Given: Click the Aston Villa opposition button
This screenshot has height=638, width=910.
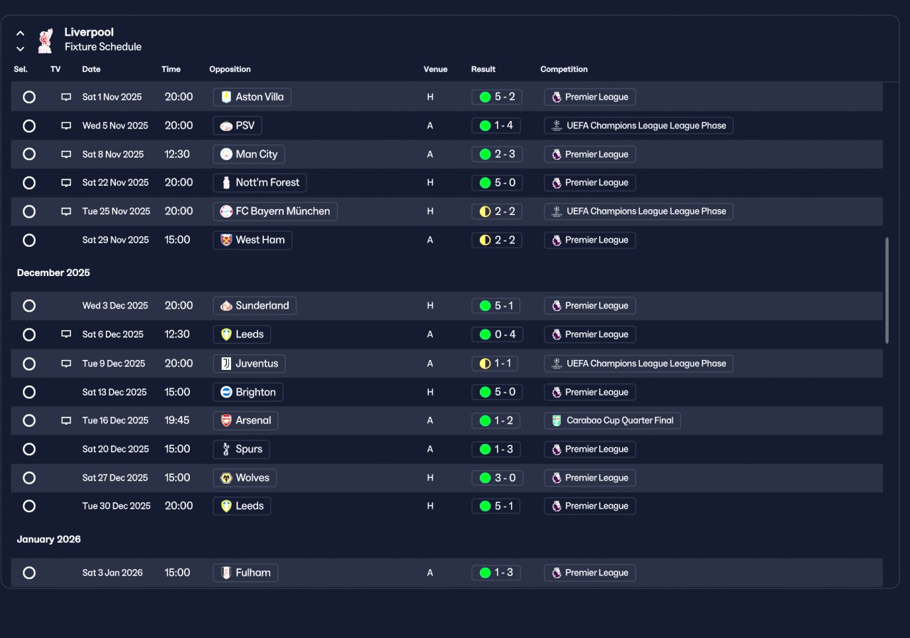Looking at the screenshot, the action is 252,97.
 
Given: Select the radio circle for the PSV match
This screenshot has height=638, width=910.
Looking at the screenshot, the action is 29,126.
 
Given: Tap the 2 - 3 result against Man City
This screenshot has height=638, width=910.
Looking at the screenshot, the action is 496,154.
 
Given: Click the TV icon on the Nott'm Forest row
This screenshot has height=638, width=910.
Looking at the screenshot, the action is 66,183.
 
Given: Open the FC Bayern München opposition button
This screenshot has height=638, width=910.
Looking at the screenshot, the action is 275,211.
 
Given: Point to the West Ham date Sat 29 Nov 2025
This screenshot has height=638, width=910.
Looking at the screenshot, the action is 115,240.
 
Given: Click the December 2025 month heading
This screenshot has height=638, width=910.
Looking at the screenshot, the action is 53,272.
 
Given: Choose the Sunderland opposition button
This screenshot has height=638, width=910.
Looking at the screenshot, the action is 255,306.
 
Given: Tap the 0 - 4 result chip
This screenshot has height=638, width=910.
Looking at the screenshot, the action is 497,334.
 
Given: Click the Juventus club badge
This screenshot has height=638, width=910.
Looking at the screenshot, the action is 226,363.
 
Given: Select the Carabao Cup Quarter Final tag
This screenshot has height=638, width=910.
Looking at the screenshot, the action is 612,420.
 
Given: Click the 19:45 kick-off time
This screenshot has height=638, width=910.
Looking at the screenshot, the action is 177,420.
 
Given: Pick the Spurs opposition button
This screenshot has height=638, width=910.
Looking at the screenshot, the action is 241,450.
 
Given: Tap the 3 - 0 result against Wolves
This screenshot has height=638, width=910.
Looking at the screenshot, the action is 497,478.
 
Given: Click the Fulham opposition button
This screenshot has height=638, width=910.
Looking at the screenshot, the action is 245,573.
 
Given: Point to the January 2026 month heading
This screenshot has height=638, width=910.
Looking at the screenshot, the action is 49,539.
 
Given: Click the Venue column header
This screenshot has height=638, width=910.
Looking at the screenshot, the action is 436,69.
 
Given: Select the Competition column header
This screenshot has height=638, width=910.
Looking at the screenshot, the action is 564,69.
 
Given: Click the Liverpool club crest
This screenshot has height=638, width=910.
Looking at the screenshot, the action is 45,41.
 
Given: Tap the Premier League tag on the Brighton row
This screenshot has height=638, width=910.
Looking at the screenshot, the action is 590,392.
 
